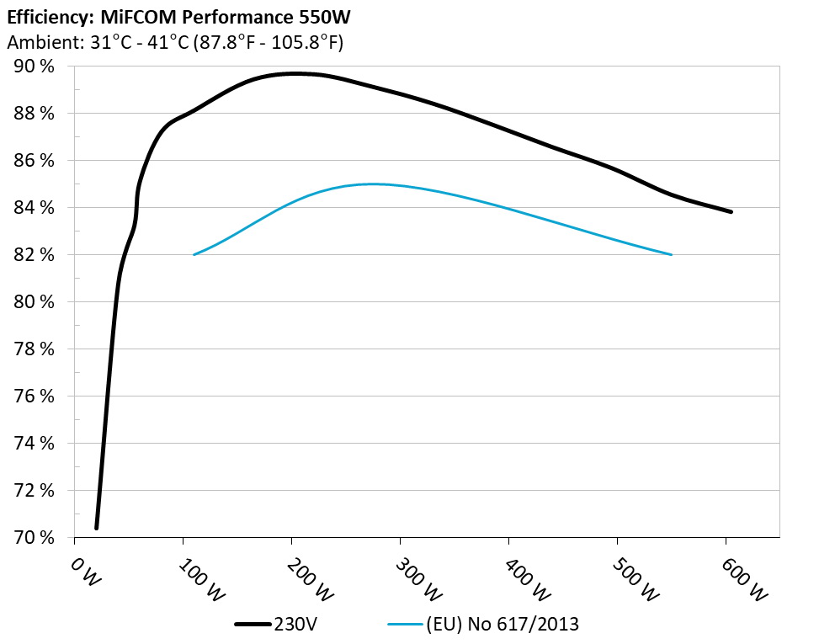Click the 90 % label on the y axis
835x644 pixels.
[x=35, y=67]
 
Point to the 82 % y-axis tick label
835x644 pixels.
[x=35, y=255]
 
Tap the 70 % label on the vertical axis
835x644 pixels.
[x=35, y=538]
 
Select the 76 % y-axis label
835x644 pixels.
[x=35, y=397]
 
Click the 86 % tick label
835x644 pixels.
[x=35, y=161]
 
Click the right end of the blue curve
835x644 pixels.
[x=672, y=254]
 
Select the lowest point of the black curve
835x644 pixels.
[x=97, y=528]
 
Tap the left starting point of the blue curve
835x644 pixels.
[x=194, y=254]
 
